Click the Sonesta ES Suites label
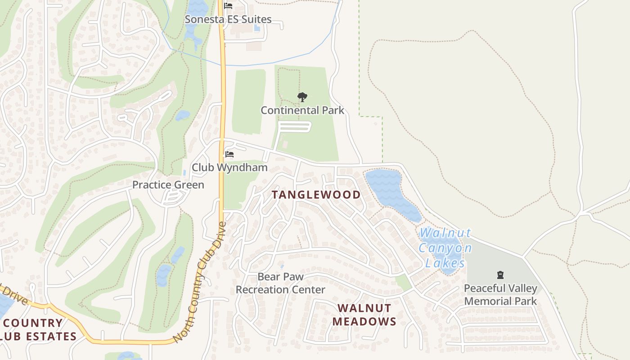pos(229,19)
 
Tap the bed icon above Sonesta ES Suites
pos(228,6)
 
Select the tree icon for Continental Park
pos(302,97)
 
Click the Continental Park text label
pos(302,110)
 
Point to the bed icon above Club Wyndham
pos(229,154)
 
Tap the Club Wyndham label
pos(229,168)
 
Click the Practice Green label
pos(168,185)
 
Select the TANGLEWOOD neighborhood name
pos(316,195)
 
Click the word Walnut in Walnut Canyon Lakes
pos(445,233)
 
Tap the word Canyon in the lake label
pos(445,248)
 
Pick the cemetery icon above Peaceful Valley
pos(500,275)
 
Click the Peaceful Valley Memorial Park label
pos(500,295)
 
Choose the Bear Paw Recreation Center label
pos(280,283)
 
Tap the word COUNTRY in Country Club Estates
pos(34,323)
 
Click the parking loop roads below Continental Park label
pos(294,127)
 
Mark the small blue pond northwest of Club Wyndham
pos(182,116)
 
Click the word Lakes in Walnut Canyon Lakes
pos(445,263)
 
